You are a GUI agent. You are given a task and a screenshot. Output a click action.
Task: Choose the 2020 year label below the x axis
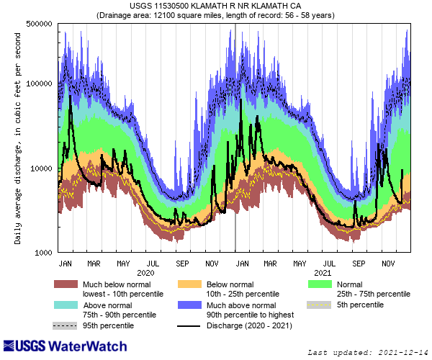coord(145,273)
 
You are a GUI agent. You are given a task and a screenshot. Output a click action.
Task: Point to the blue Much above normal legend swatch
coord(189,305)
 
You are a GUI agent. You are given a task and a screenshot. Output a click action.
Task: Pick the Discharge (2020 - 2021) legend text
coord(260,326)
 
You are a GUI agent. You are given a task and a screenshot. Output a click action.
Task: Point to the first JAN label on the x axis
coord(65,263)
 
